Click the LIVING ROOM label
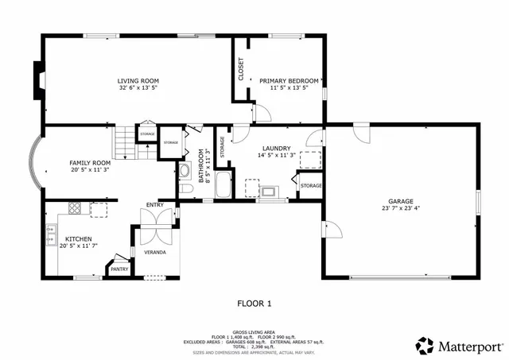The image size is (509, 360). click(x=138, y=80)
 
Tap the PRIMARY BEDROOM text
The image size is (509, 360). click(x=289, y=80)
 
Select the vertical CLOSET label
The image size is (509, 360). click(x=241, y=69)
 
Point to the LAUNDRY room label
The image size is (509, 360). click(x=276, y=148)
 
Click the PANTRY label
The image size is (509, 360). click(x=119, y=269)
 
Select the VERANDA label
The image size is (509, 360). click(x=154, y=252)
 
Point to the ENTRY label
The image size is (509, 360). click(x=154, y=204)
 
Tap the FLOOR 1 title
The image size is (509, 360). click(x=254, y=303)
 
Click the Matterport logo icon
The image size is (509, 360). click(x=425, y=346)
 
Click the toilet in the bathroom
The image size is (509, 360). click(x=185, y=171)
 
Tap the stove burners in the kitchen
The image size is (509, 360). click(x=75, y=209)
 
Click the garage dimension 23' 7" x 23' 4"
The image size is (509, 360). click(x=401, y=208)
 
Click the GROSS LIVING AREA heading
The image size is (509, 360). click(x=254, y=332)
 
